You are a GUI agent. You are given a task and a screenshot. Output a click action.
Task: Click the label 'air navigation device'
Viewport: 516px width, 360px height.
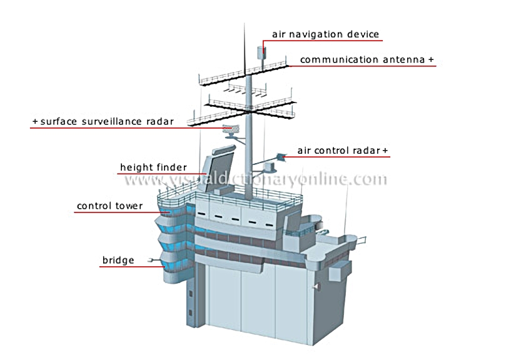click(x=325, y=34)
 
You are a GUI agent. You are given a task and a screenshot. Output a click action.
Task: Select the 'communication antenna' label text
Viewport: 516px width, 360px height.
click(x=362, y=60)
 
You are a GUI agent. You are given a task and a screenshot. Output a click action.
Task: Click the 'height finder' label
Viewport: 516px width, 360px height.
click(x=153, y=167)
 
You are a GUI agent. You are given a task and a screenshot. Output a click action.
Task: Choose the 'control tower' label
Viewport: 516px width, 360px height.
click(x=109, y=206)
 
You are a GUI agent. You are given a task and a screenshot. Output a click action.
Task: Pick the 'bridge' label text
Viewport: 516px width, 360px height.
click(x=118, y=260)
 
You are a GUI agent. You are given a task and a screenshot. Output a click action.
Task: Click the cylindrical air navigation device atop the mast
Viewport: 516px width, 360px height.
click(x=261, y=52)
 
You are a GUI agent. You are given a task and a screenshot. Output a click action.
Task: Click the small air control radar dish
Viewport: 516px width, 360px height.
click(x=281, y=157)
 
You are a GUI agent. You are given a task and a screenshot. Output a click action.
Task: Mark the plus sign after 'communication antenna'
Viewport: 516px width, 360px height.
click(x=431, y=60)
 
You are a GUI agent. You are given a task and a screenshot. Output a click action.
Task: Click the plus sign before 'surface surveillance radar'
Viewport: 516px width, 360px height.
click(x=35, y=122)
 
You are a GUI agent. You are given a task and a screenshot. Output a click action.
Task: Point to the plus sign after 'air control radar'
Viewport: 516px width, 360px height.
click(x=385, y=151)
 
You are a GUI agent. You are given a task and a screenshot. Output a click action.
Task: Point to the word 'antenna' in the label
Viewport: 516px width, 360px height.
click(x=403, y=60)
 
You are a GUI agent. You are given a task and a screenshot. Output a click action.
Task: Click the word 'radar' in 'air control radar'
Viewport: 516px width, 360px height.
click(x=366, y=151)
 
